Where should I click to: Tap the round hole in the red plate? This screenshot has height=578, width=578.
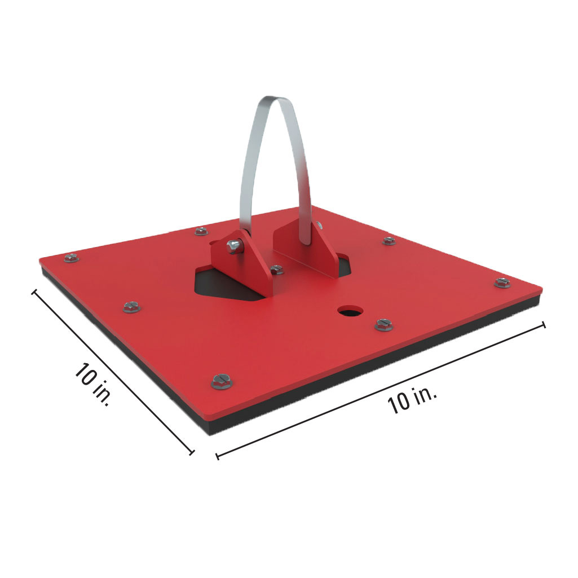351,310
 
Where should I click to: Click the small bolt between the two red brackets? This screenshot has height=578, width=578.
276,270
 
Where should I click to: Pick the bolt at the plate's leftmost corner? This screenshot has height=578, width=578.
71,258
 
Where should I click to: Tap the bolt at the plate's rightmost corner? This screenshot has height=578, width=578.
502,282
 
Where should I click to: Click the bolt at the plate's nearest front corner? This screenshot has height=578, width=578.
222,382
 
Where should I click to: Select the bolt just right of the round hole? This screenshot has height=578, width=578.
383,324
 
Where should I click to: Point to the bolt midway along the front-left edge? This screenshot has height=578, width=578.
131,307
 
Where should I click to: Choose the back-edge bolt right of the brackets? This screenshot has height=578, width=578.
389,241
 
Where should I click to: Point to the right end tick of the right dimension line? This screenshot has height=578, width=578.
544,325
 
